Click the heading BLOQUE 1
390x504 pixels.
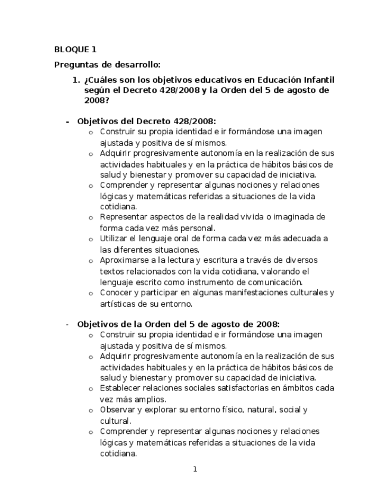[x=74, y=49]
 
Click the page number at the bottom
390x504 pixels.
[x=195, y=470]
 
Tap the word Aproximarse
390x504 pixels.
[x=124, y=260]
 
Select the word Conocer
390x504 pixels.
[x=116, y=292]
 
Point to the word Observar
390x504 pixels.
[x=118, y=409]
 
